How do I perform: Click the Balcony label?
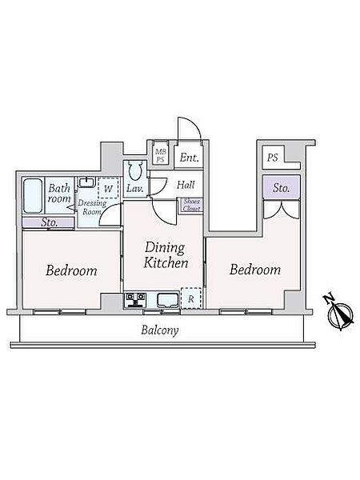160,330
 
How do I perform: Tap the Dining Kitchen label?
166,255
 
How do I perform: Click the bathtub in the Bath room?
33,196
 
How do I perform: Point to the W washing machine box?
108,188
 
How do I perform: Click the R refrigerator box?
191,298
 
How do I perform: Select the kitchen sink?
168,300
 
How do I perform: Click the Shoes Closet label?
191,205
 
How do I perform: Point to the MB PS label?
161,155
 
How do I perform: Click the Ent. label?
189,158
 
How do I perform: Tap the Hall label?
186,185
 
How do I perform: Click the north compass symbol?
339,313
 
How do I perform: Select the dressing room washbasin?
87,182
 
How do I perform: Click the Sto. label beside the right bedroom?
282,188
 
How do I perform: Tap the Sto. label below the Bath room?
49,222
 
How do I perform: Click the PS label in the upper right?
273,158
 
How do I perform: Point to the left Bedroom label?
71,270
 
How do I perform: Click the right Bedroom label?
255,270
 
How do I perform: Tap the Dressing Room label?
92,207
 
